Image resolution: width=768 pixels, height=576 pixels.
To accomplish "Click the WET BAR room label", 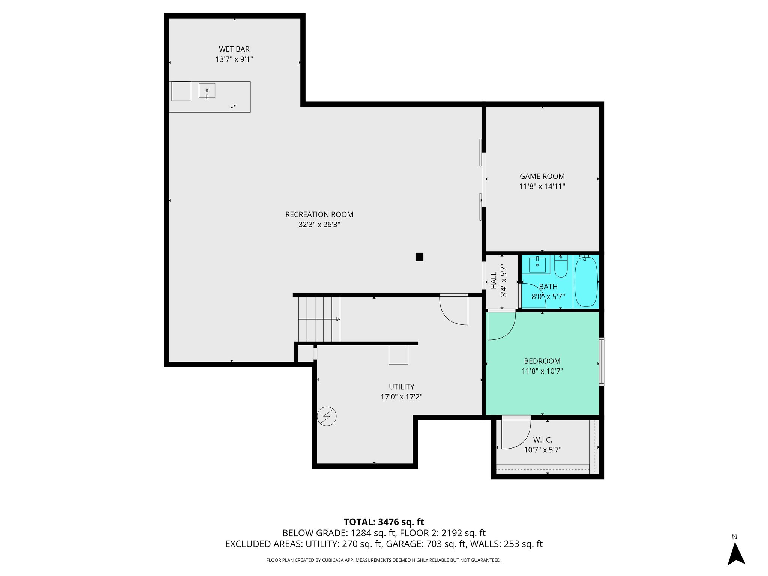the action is [234, 49].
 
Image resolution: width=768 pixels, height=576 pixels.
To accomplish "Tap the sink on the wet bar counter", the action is [207, 90].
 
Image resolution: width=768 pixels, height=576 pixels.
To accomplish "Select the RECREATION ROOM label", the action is [319, 214].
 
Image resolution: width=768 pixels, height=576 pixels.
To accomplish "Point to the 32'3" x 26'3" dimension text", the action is [319, 225].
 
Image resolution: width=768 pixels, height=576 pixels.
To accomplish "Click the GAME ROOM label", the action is [542, 176].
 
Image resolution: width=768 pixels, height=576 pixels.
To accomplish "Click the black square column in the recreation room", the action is [419, 257].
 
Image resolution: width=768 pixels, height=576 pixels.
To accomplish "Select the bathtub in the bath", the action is [586, 281].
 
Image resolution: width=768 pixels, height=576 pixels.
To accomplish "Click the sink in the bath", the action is [537, 264].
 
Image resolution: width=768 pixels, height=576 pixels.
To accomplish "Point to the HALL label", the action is [493, 280].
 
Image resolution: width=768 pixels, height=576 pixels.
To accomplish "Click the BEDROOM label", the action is [542, 361].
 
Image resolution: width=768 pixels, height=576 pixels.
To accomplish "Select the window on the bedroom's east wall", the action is [601, 361].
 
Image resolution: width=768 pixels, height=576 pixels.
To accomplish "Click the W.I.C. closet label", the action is [543, 439].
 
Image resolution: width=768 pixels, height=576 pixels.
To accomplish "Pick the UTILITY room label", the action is [402, 387].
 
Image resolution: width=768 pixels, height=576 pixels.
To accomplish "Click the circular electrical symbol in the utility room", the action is [327, 416].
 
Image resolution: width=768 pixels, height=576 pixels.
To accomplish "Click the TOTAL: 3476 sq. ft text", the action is [384, 522].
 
